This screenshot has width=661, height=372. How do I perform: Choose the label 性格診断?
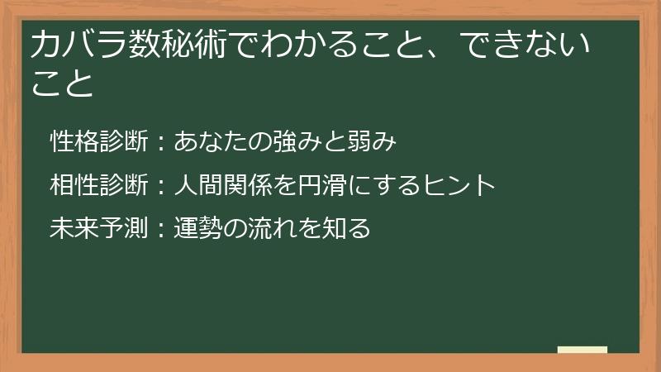pyautogui.click(x=98, y=141)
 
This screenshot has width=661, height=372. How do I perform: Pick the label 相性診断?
pyautogui.click(x=98, y=184)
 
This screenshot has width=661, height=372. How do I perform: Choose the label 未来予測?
pyautogui.click(x=98, y=227)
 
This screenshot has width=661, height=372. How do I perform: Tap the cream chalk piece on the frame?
pyautogui.click(x=583, y=350)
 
